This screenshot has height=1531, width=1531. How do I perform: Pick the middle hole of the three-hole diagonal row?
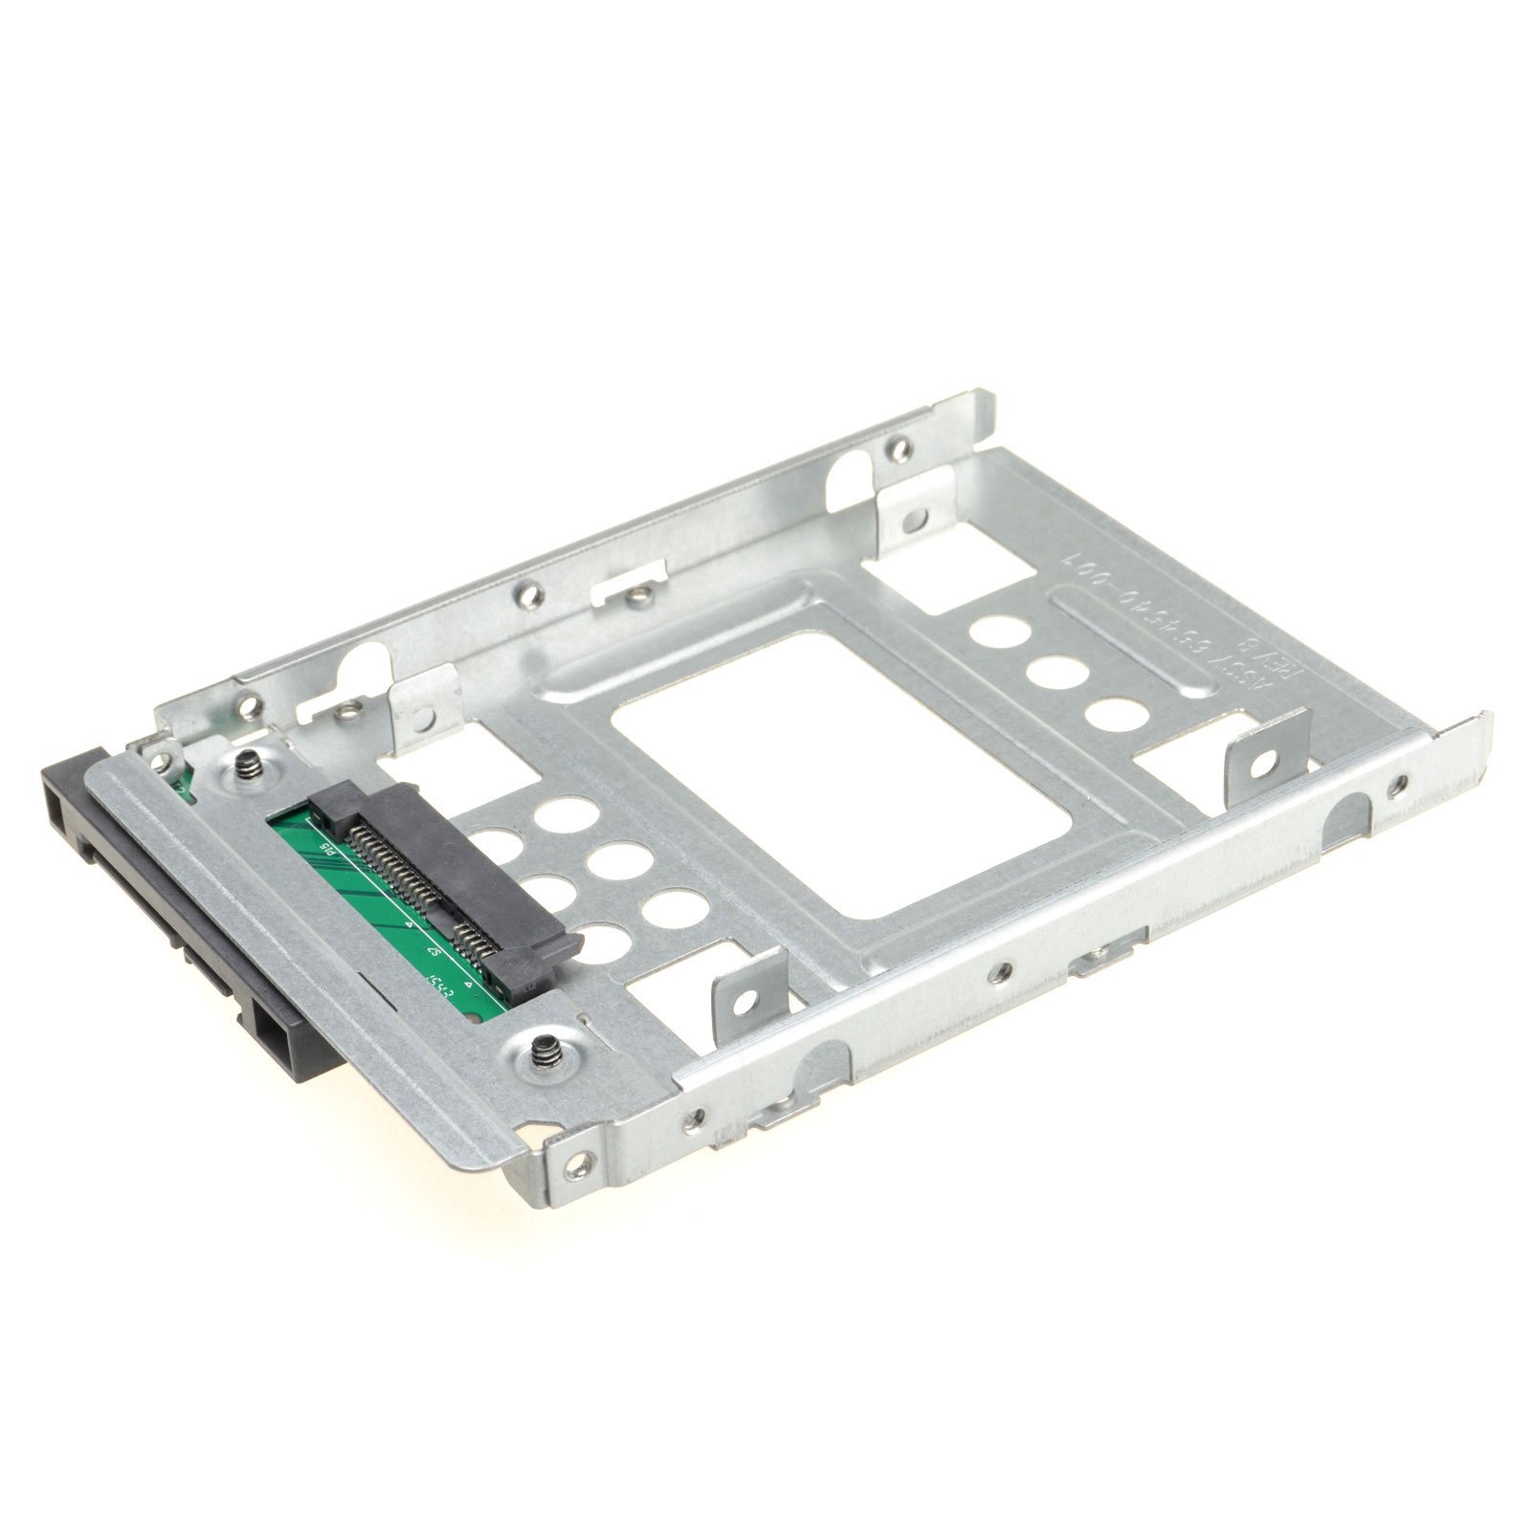click(x=1050, y=671)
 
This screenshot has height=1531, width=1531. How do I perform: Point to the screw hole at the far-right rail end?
click(x=1401, y=785)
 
